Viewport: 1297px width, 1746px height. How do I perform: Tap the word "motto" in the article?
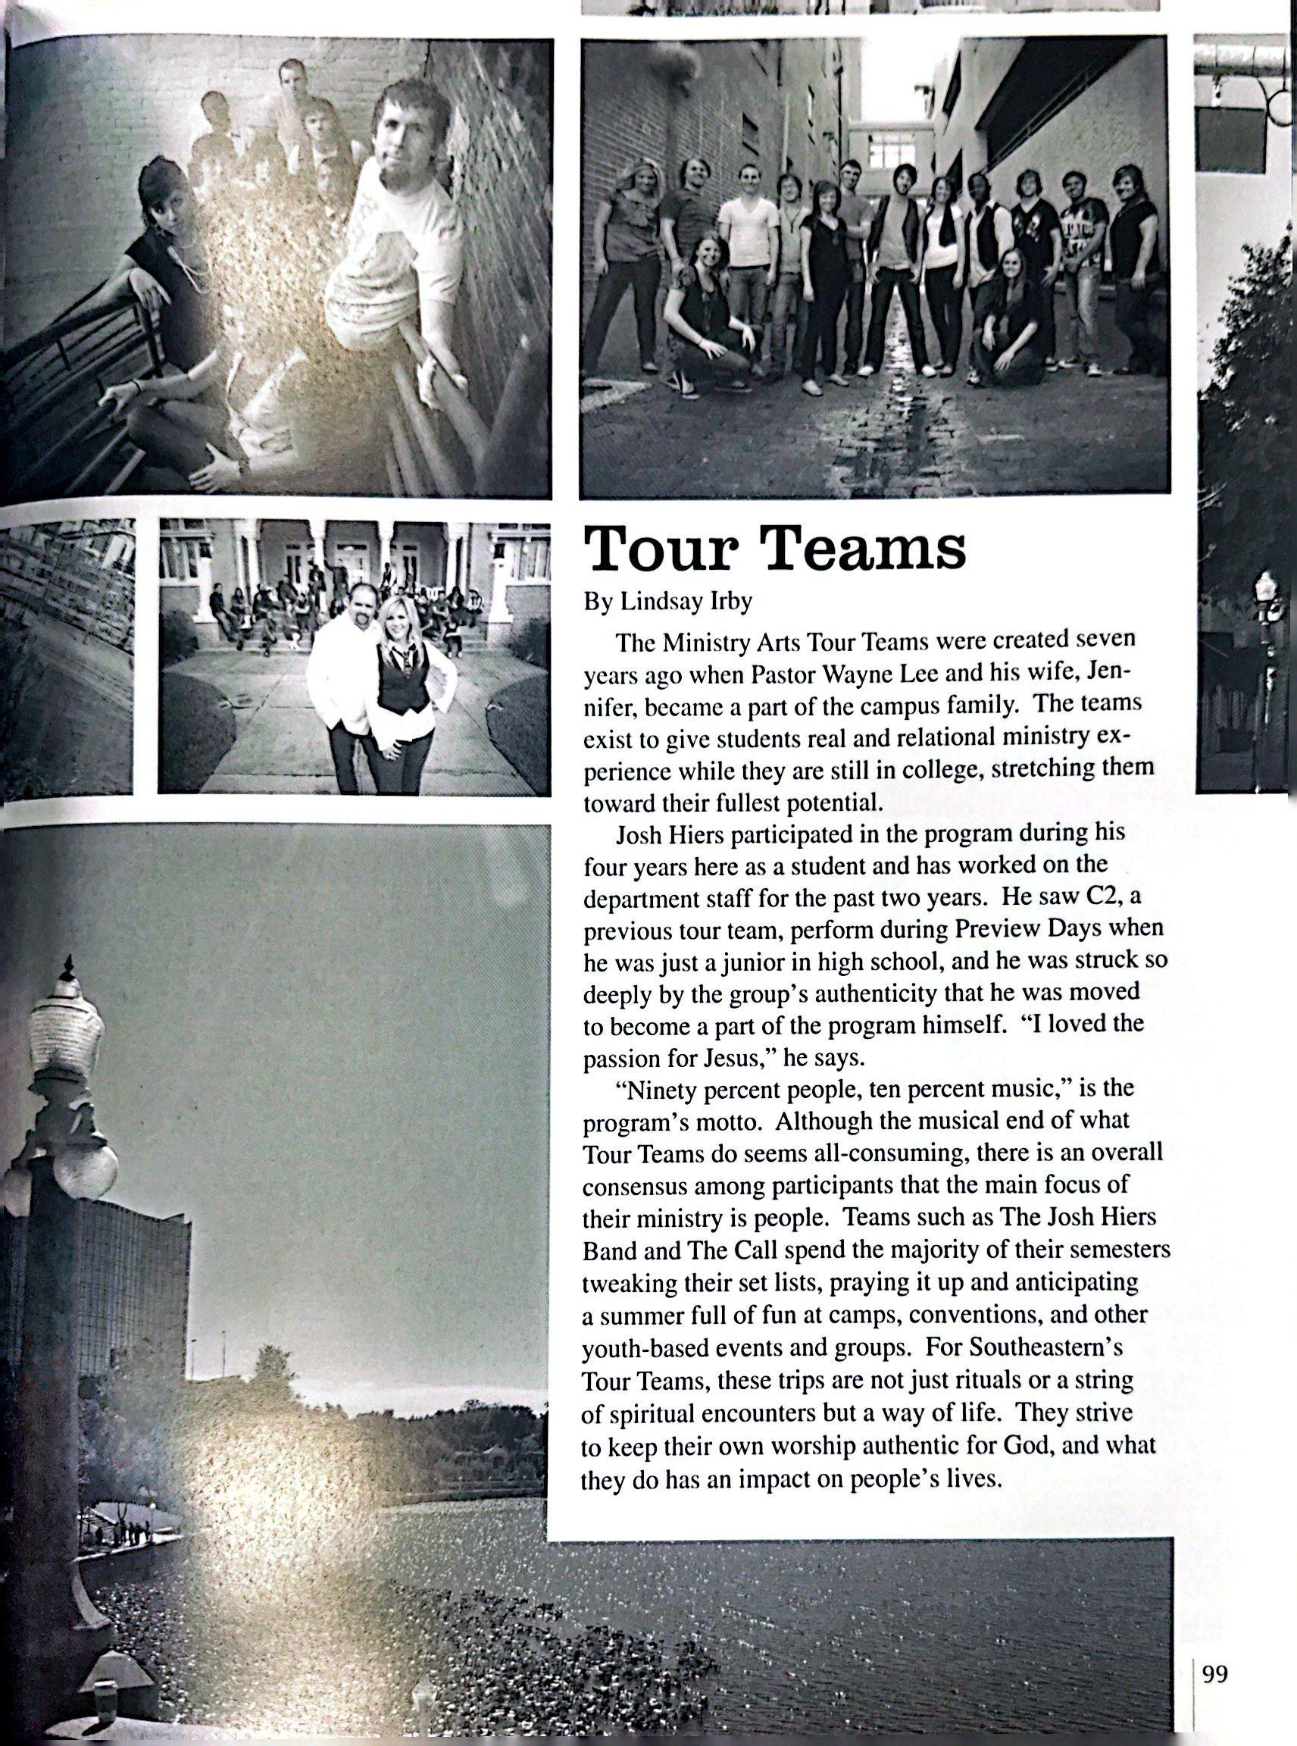[x=727, y=1122]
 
